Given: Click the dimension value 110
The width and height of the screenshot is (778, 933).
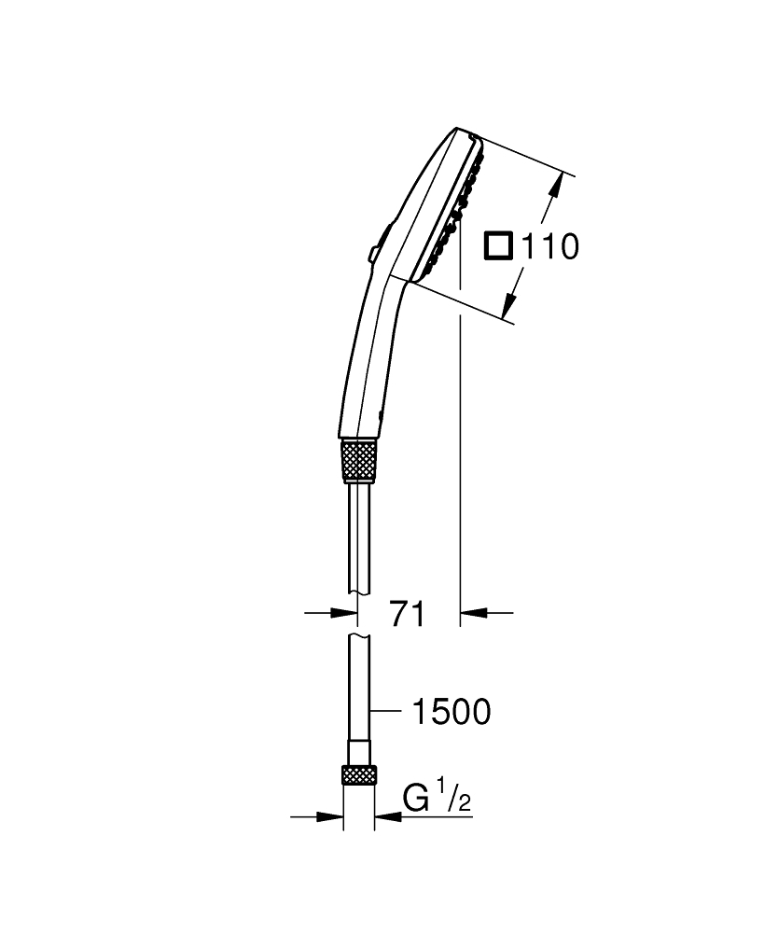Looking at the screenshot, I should [550, 247].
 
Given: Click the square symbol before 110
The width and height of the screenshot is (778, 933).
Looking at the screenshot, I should [498, 247].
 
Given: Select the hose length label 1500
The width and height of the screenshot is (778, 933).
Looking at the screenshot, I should [450, 713].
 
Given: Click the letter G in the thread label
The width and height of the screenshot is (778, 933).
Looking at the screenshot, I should [416, 801].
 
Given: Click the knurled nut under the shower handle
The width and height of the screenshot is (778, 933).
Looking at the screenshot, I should [360, 459].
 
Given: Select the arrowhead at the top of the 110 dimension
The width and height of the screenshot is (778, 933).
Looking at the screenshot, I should [557, 184].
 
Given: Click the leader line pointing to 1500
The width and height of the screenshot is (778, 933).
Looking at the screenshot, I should [389, 713].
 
